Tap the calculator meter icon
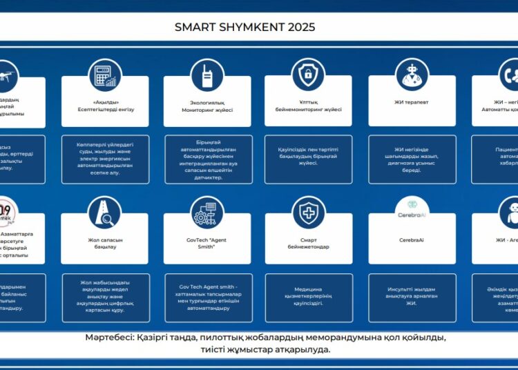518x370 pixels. click(104, 74)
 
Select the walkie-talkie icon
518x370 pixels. click(207, 75)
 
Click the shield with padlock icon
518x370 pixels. click(308, 74)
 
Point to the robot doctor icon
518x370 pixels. click(411, 74)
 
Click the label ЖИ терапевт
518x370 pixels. click(411, 102)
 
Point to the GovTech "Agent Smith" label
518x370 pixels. click(207, 242)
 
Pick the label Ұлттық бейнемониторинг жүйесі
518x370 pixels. click(308, 106)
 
